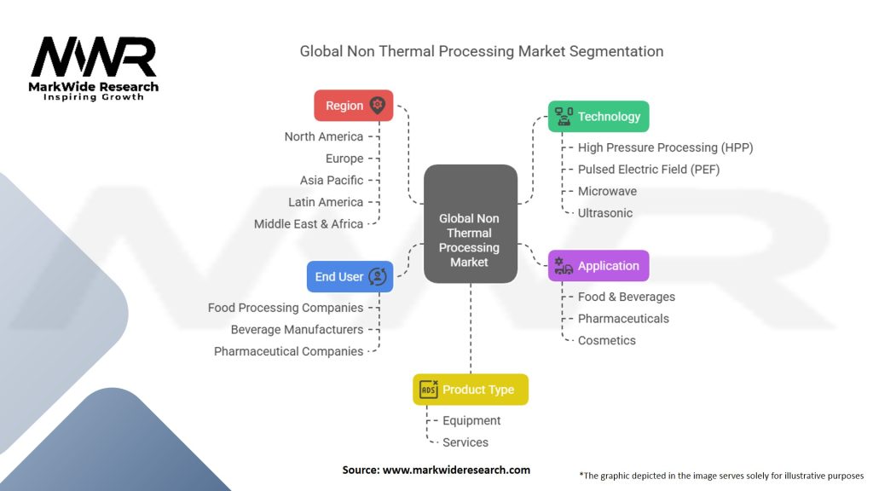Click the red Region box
354,105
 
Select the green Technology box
598,116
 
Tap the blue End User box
350,277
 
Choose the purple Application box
598,266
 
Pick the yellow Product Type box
471,390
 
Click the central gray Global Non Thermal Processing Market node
471,224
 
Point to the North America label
323,136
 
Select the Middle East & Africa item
309,224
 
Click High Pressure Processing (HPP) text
665,147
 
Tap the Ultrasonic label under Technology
605,212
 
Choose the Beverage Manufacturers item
297,330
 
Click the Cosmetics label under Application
607,340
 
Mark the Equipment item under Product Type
471,420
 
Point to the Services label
465,442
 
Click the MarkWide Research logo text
94,87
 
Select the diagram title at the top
482,51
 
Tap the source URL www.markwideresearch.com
457,470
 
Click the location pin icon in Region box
378,105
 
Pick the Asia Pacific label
332,181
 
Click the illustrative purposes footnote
721,476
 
